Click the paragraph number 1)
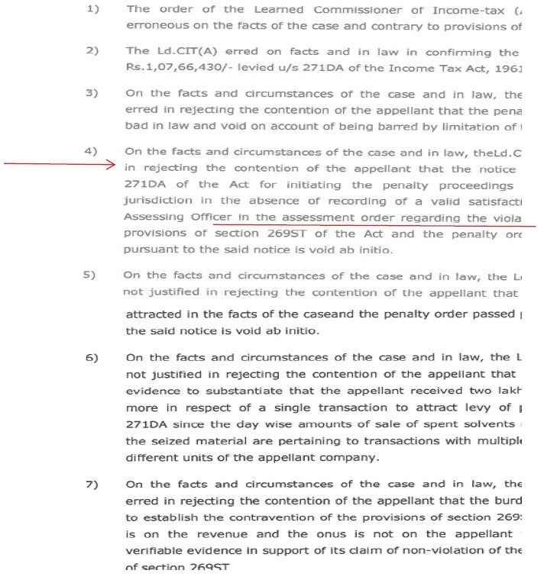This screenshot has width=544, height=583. [x=93, y=9]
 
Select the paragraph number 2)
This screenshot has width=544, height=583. [x=93, y=51]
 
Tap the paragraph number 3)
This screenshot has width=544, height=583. [x=93, y=93]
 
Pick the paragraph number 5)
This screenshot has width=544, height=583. [x=90, y=275]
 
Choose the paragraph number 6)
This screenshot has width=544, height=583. [x=92, y=357]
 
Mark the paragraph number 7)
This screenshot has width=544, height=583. [x=92, y=484]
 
